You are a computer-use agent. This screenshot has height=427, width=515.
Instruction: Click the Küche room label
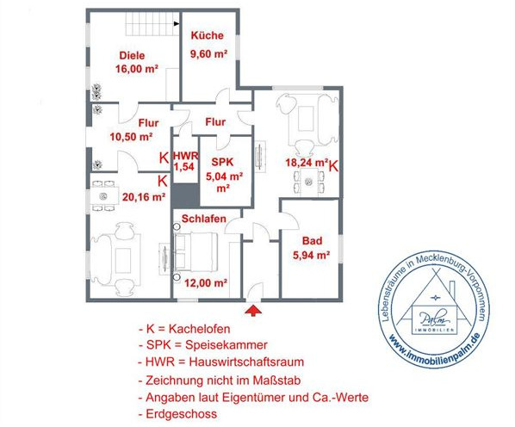click(208, 36)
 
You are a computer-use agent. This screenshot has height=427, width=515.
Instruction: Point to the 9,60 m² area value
click(208, 53)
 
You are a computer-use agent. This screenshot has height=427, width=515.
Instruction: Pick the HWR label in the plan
click(184, 157)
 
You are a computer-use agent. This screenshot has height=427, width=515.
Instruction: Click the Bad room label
click(311, 241)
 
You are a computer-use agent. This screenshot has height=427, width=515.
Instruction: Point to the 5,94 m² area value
click(312, 255)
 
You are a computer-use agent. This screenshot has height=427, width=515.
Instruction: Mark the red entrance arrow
click(253, 307)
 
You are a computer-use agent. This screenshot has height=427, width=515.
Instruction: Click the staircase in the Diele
click(150, 25)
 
